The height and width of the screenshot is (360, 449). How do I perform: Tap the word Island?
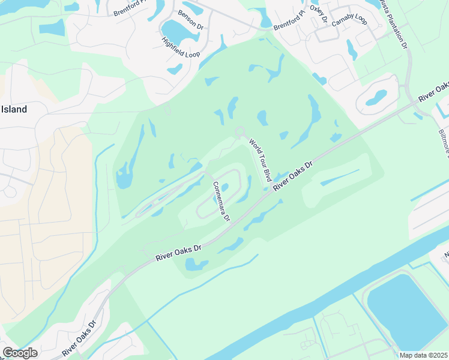(13, 109)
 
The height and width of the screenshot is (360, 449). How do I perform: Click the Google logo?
(20, 353)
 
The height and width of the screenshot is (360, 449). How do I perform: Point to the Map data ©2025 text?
(423, 355)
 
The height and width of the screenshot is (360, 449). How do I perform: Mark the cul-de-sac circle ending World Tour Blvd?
(240, 131)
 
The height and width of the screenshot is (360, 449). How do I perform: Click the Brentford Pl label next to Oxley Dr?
(289, 20)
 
